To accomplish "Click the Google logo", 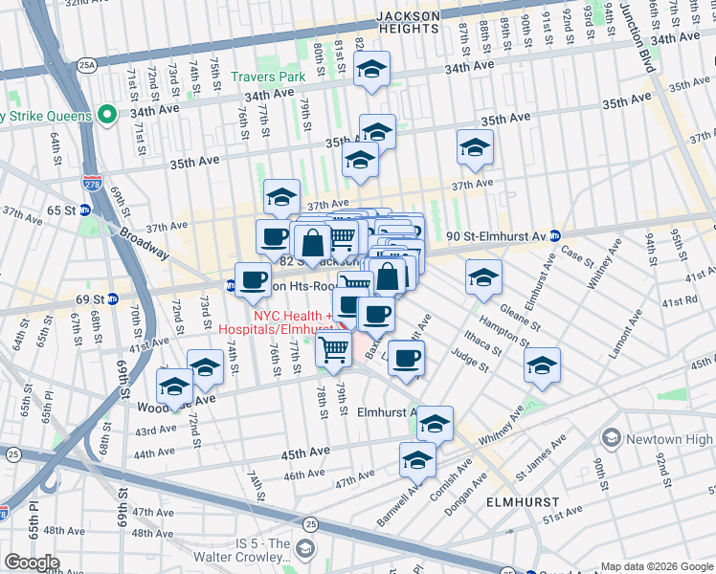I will [32, 563].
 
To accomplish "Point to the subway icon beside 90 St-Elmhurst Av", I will [555, 235].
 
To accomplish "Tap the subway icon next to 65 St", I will [84, 210].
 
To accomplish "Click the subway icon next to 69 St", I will [112, 298].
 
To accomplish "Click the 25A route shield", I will [88, 65].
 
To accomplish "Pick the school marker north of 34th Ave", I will [370, 69].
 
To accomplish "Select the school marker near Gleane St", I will [483, 276].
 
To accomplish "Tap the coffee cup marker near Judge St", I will [406, 358].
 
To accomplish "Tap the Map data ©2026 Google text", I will [657, 566].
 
